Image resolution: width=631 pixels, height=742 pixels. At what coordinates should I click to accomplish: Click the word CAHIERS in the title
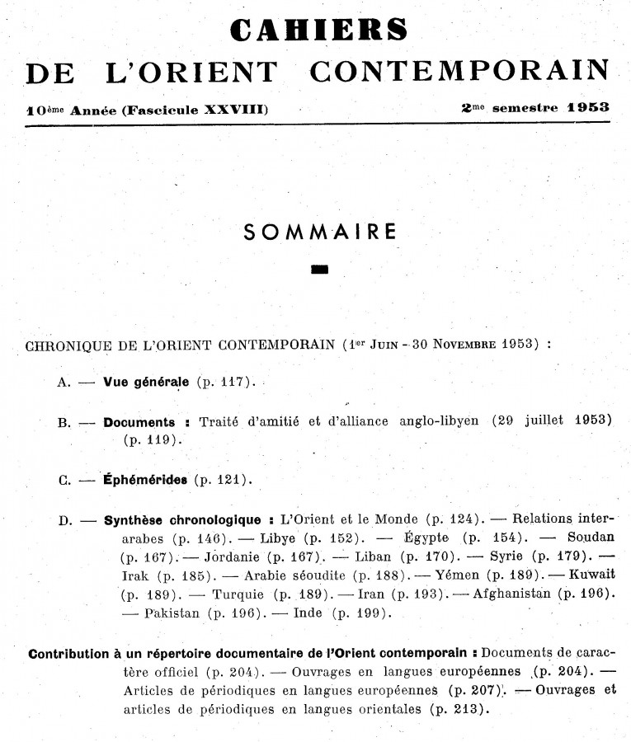[x=320, y=31]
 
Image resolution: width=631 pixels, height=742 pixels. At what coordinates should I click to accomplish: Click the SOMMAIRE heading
[x=320, y=232]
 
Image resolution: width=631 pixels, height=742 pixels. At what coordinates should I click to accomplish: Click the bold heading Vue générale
[x=146, y=382]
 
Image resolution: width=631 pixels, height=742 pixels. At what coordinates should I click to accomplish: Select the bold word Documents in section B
[x=139, y=422]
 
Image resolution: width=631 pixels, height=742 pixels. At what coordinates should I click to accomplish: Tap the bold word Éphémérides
[x=145, y=479]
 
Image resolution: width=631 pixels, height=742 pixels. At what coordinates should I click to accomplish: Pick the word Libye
[x=278, y=539]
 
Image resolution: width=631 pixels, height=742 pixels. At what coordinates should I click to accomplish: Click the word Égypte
[x=426, y=539]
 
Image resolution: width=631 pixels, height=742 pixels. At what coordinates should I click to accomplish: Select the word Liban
[x=372, y=558]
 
